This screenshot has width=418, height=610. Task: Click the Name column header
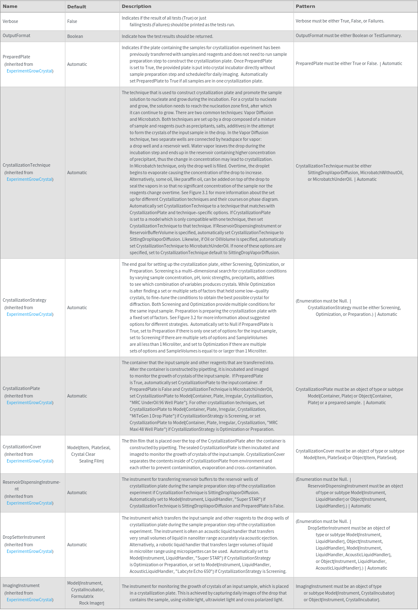pyautogui.click(x=10, y=6)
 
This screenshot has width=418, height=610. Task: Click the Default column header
pyautogui.click(x=77, y=7)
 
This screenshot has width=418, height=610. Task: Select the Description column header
pyautogui.click(x=136, y=6)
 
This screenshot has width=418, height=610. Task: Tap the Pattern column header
pyautogui.click(x=305, y=6)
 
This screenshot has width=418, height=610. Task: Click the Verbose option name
pyautogui.click(x=10, y=21)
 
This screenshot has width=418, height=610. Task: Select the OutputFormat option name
pyautogui.click(x=16, y=35)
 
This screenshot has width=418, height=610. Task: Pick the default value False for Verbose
pyautogui.click(x=72, y=21)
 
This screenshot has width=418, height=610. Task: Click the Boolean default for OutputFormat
pyautogui.click(x=75, y=36)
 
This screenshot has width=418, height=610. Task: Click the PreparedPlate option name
pyautogui.click(x=16, y=57)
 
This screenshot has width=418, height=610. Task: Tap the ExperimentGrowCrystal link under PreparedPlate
pyautogui.click(x=30, y=71)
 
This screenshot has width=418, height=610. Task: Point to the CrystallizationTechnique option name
pyautogui.click(x=26, y=165)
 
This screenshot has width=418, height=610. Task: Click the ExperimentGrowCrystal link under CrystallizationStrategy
pyautogui.click(x=30, y=314)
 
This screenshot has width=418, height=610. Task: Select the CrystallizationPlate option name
pyautogui.click(x=21, y=388)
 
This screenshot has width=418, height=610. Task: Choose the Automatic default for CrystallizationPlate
pyautogui.click(x=77, y=396)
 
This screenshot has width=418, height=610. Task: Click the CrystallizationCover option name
pyautogui.click(x=22, y=447)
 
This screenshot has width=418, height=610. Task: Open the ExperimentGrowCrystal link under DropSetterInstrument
pyautogui.click(x=30, y=551)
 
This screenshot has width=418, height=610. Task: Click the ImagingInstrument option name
pyautogui.click(x=21, y=585)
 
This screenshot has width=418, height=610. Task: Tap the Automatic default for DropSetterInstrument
pyautogui.click(x=77, y=545)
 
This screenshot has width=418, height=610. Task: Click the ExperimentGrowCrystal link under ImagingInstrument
pyautogui.click(x=30, y=600)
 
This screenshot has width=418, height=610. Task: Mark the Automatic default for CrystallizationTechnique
pyautogui.click(x=77, y=172)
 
